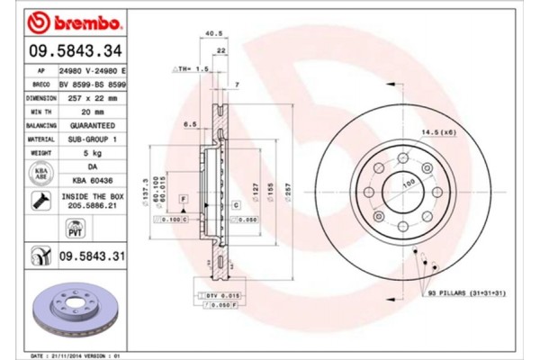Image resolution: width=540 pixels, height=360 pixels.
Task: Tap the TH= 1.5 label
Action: pyautogui.click(x=188, y=68)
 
